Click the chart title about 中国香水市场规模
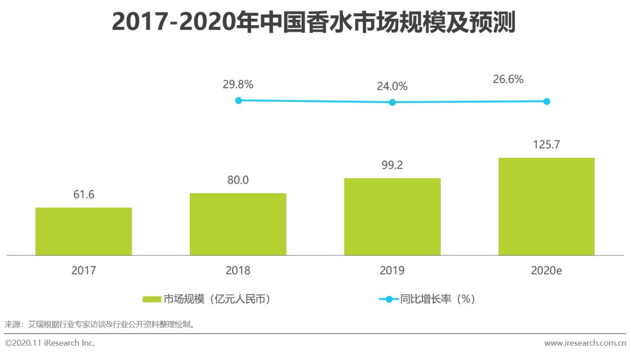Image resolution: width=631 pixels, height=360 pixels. pyautogui.click(x=314, y=23)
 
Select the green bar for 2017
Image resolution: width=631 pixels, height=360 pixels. pyautogui.click(x=84, y=231)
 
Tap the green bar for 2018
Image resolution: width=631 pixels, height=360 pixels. pyautogui.click(x=238, y=224)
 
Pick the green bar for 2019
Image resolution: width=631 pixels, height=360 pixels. pyautogui.click(x=392, y=216)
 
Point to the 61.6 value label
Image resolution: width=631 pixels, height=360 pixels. pyautogui.click(x=84, y=195)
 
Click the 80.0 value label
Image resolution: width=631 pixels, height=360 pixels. pyautogui.click(x=238, y=180)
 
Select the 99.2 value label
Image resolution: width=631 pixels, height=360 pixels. pyautogui.click(x=392, y=165)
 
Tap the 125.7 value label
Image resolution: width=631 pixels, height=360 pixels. pyautogui.click(x=546, y=145)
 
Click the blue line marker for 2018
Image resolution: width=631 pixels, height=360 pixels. pyautogui.click(x=239, y=101)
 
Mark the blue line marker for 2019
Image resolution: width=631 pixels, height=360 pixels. pyautogui.click(x=392, y=103)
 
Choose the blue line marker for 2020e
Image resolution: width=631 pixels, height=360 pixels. pyautogui.click(x=546, y=102)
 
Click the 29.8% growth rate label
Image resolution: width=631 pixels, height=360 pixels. pyautogui.click(x=238, y=84)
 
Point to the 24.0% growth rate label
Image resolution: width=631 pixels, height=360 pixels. pyautogui.click(x=392, y=86)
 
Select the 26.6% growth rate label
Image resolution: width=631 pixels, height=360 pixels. pyautogui.click(x=508, y=79)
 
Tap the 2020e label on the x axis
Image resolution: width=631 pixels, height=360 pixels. pyautogui.click(x=546, y=271)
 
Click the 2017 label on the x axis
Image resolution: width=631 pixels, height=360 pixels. pyautogui.click(x=84, y=271)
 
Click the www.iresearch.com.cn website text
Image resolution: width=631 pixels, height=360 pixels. pyautogui.click(x=585, y=343)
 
